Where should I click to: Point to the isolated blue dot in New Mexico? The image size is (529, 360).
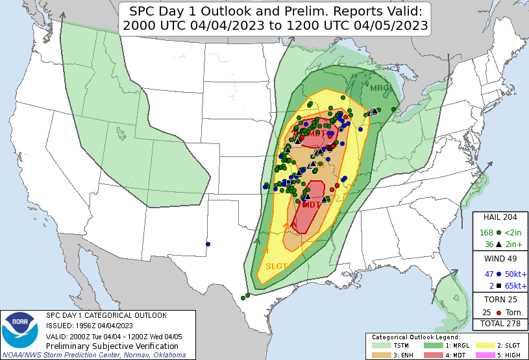[x=208, y=244]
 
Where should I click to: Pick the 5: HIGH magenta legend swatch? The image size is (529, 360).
[x=487, y=354]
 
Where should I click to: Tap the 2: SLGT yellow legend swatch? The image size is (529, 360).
[x=487, y=346]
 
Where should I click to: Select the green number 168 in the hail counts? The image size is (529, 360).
[x=486, y=232]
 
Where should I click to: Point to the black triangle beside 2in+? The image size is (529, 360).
[x=498, y=244]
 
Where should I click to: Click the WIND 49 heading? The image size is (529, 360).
[x=500, y=259]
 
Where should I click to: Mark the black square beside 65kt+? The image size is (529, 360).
[x=498, y=285]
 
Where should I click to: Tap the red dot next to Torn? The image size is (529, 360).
[x=498, y=313]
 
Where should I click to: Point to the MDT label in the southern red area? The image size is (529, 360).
[x=312, y=204]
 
